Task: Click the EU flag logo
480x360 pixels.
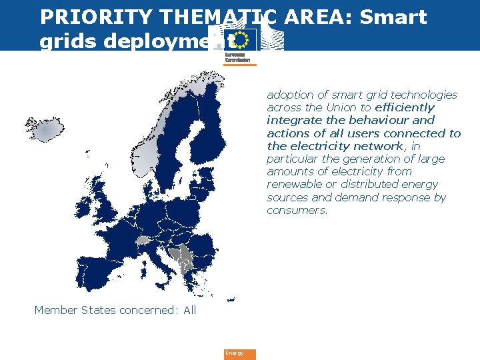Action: [x=239, y=39]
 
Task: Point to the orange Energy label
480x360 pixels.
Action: [x=239, y=353]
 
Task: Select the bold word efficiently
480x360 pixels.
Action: [x=405, y=107]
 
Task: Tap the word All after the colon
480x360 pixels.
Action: [x=189, y=310]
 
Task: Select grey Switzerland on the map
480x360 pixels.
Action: [x=143, y=240]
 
